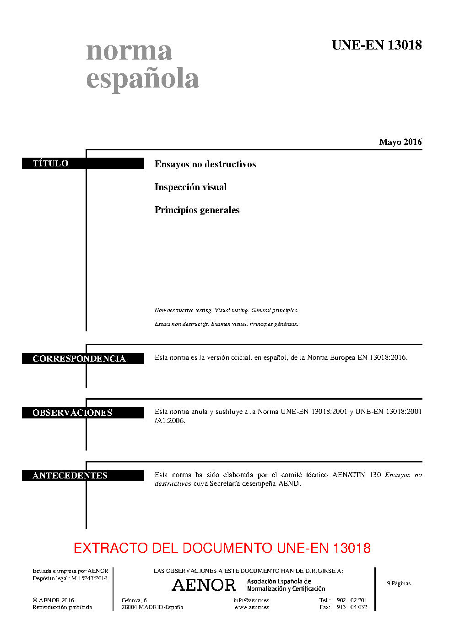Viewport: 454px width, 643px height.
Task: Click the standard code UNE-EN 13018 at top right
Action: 377,45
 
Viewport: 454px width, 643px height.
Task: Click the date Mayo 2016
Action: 400,142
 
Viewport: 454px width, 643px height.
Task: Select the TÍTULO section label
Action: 50,164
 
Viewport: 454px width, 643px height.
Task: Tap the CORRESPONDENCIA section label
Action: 79,358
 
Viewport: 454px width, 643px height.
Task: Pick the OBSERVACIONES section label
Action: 72,412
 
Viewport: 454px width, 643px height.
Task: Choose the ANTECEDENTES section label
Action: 70,475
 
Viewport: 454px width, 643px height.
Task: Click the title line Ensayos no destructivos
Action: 205,164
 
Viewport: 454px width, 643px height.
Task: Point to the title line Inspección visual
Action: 190,187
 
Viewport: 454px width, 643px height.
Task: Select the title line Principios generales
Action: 197,210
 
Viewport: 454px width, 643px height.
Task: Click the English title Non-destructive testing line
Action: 226,310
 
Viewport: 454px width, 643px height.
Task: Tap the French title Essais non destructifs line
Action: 226,324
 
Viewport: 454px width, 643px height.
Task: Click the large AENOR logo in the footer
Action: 204,585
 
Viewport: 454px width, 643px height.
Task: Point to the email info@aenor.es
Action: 251,600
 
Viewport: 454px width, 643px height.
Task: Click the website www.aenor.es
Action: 252,607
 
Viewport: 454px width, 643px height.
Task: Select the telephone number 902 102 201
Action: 351,600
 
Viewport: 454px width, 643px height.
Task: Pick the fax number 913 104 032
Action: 351,607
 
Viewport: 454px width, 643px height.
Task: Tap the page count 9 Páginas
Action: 399,583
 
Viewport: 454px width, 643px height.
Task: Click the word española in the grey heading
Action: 142,78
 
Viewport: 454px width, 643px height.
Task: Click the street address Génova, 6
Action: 134,600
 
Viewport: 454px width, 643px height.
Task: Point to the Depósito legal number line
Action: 70,578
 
